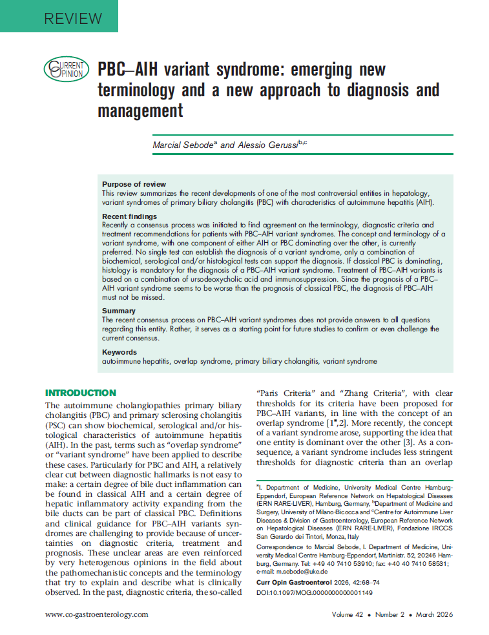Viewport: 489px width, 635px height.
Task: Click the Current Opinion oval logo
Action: click(x=64, y=67)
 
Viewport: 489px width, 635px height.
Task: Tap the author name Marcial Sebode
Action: click(x=184, y=145)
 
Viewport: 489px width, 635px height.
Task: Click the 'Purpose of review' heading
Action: click(x=134, y=184)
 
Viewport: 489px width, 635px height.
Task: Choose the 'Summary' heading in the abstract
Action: click(x=118, y=311)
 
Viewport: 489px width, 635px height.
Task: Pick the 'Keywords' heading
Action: click(x=120, y=352)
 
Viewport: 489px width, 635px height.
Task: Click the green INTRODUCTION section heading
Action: click(x=81, y=393)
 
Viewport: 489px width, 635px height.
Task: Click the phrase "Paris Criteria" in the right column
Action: click(x=280, y=393)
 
